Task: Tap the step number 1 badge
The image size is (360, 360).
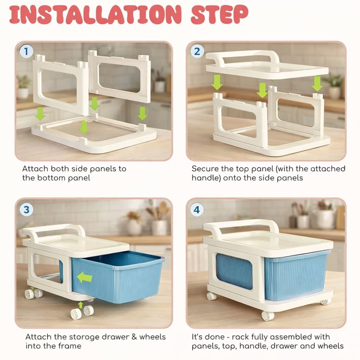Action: coord(26,52)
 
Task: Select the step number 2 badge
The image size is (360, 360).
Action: coord(197,52)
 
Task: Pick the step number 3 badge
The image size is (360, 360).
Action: coord(26,210)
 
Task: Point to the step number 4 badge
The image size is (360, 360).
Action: coord(197,210)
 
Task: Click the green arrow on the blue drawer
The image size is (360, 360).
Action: coord(84,278)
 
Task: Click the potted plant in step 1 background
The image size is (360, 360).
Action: coord(24,86)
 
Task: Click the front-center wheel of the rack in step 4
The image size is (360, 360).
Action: coord(268,316)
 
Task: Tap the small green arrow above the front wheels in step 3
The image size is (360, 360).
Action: coord(81,304)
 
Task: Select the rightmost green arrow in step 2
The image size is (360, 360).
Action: coord(317,84)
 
